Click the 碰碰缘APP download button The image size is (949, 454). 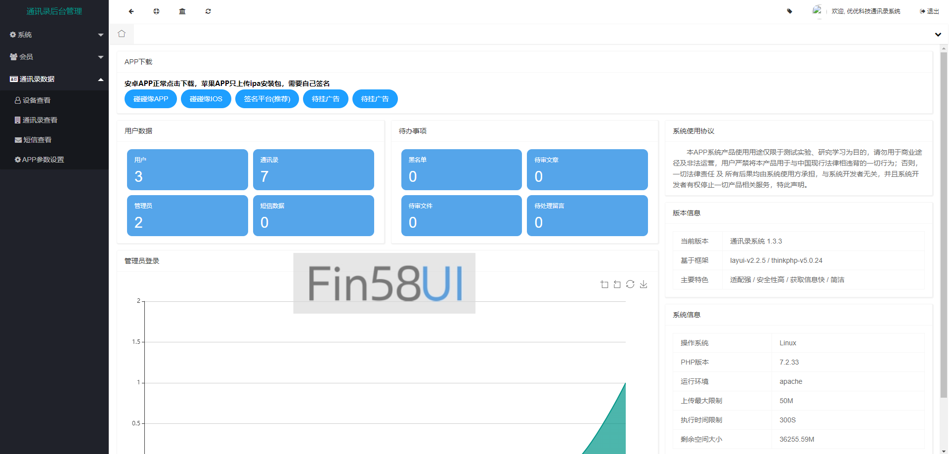[x=150, y=99]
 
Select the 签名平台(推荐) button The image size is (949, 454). [x=267, y=99]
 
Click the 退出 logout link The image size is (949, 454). [x=929, y=11]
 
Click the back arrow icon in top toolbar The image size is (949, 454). [x=131, y=11]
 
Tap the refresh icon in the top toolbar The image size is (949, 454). [x=208, y=11]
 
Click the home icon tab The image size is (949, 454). [x=122, y=34]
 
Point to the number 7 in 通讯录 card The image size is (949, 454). [x=264, y=176]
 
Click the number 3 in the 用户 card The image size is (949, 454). [x=138, y=176]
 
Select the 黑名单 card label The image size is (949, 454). [x=417, y=160]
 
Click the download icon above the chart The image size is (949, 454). [x=644, y=284]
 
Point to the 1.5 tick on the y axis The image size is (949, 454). [x=136, y=342]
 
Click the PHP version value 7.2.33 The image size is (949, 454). [x=789, y=362]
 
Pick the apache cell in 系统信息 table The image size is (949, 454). [x=791, y=381]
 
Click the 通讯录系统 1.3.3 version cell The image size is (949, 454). [x=756, y=241]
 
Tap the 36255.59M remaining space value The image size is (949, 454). [x=797, y=439]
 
